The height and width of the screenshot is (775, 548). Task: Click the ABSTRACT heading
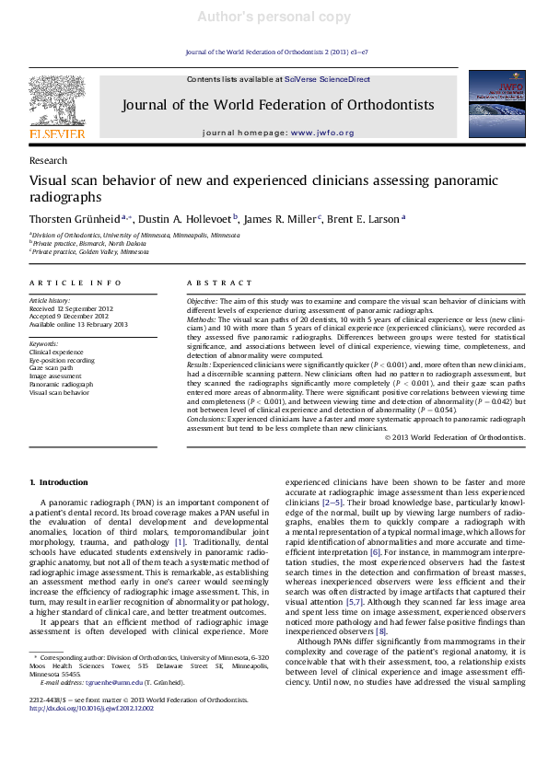[x=214, y=283]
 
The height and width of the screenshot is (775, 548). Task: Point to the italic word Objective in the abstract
[x=202, y=300]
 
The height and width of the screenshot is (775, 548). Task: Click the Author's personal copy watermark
[x=274, y=17]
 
